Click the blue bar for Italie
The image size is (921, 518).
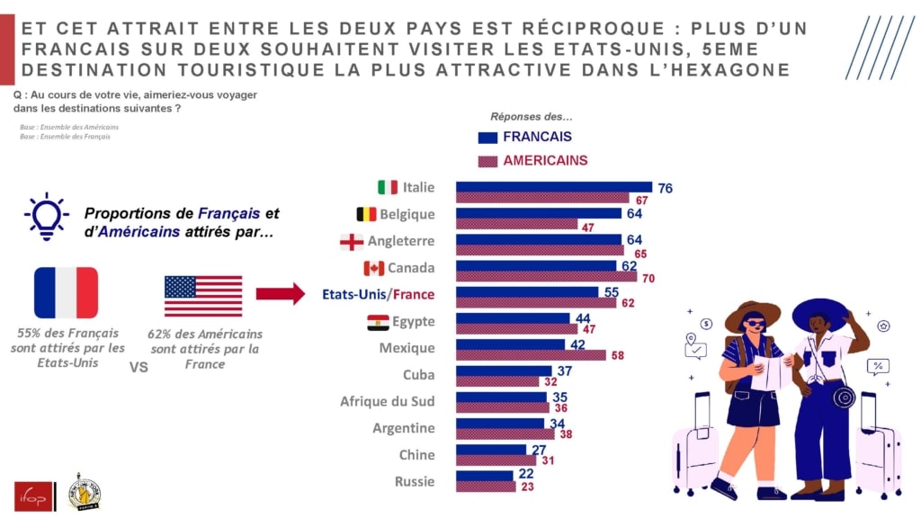click(553, 186)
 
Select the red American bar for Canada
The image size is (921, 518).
click(546, 278)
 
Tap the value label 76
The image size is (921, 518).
click(665, 188)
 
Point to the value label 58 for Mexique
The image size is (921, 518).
click(617, 357)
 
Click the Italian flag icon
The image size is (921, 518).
click(388, 187)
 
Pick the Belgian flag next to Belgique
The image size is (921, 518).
click(367, 214)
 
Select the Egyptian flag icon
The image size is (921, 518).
click(378, 321)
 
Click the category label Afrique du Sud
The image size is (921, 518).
click(387, 401)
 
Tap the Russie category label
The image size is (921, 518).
click(414, 481)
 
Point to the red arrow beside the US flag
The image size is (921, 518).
click(280, 293)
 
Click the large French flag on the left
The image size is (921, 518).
click(66, 292)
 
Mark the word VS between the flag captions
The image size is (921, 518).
click(139, 367)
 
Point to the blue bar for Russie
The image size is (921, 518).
click(483, 475)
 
